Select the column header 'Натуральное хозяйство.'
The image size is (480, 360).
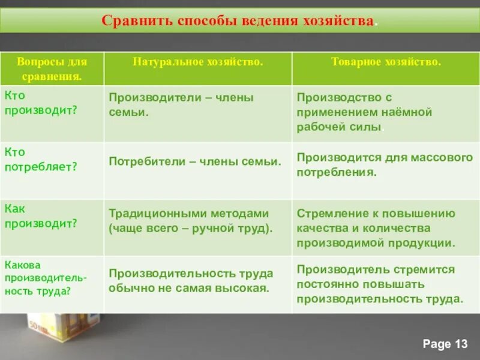coord(197,62)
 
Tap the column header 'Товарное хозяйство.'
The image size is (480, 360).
coord(386,62)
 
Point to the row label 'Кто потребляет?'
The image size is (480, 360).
coord(41,160)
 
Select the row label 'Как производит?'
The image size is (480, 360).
coord(41,215)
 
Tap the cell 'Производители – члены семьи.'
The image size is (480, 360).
coord(181,104)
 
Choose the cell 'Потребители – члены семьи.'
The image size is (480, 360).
coord(195,161)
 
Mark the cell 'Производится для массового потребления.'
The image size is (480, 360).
coord(385,164)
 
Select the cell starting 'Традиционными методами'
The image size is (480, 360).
coord(190,220)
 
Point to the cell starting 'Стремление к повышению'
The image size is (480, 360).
coord(376,228)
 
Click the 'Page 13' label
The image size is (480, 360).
coord(445,343)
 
